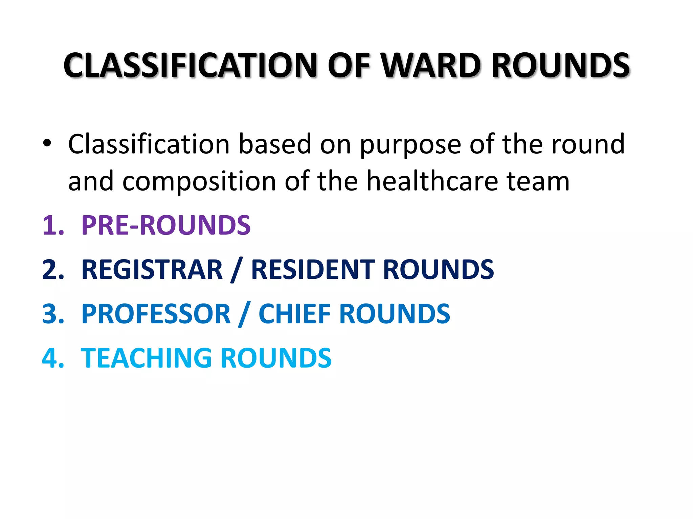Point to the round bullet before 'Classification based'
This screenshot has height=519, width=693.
click(x=47, y=144)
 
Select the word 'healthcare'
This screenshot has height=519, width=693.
click(x=432, y=181)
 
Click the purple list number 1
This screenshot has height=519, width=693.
click(x=53, y=225)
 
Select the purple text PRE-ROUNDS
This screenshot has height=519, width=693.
click(x=166, y=225)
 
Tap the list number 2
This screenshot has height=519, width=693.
click(x=53, y=270)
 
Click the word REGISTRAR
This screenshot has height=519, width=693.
click(x=152, y=270)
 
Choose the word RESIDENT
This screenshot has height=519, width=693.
click(x=313, y=270)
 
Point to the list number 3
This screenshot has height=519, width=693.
click(x=53, y=314)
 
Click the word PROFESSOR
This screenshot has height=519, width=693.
click(x=156, y=314)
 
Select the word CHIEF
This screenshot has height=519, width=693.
click(x=295, y=314)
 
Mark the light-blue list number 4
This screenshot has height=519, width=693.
click(x=53, y=358)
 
